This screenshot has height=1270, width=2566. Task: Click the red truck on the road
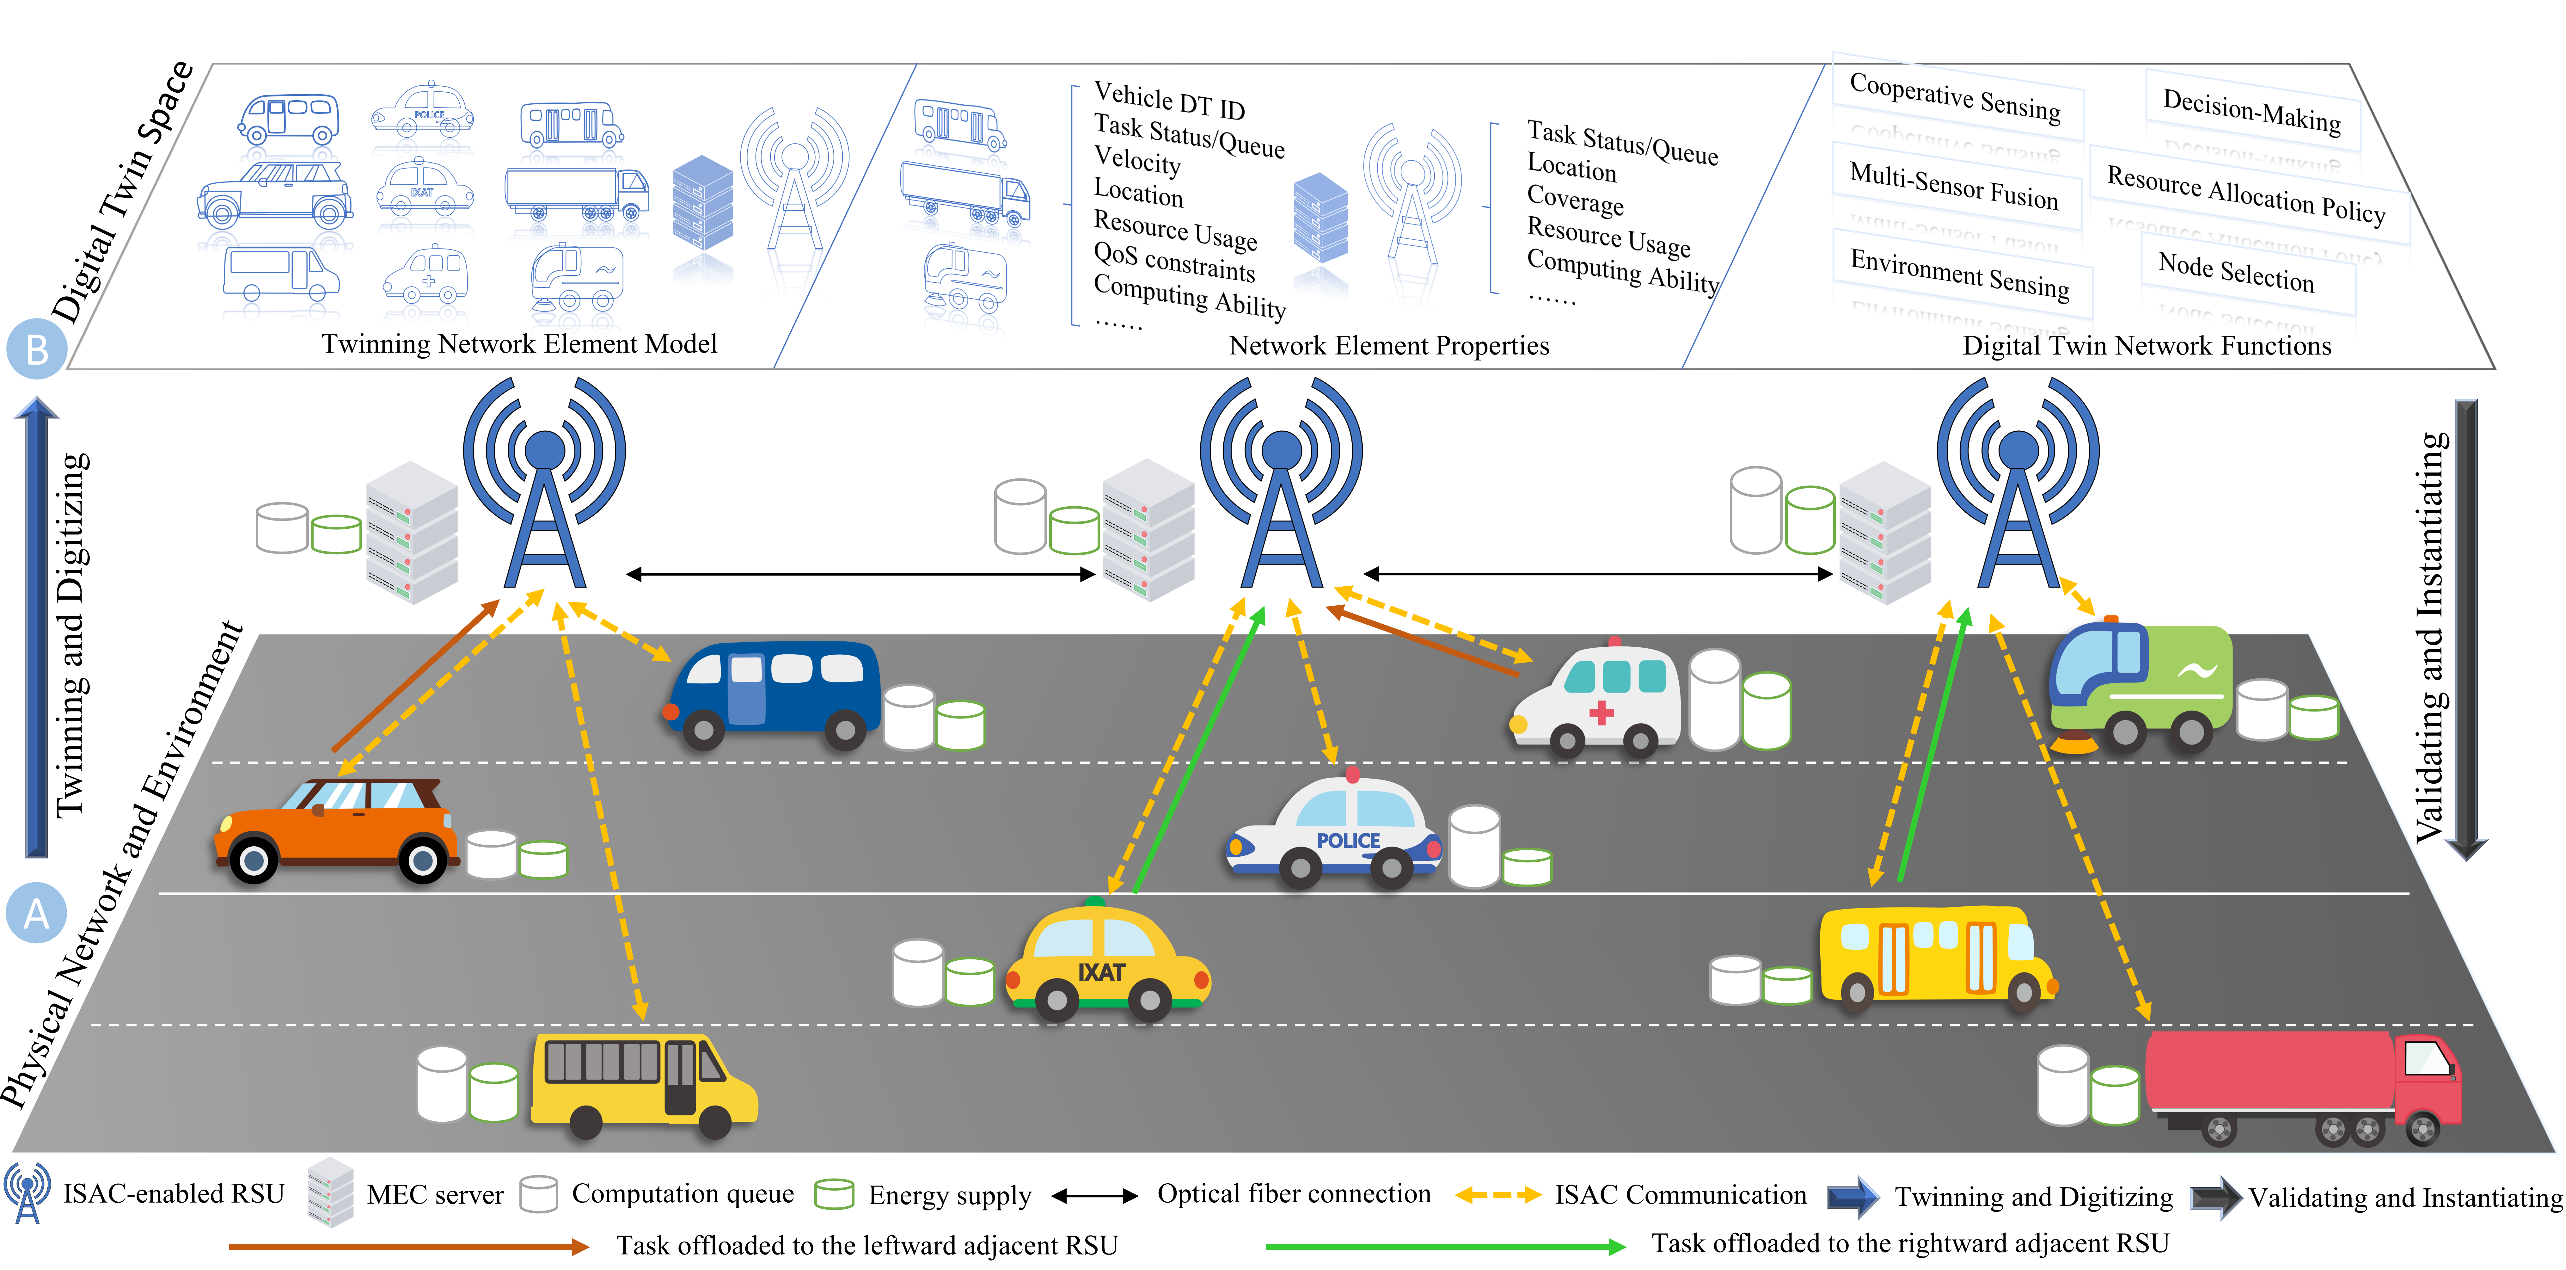pos(2301,1086)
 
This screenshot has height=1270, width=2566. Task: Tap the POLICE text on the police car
pos(1348,841)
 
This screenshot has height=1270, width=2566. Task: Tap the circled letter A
pos(36,912)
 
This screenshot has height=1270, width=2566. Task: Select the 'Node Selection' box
pos(2236,272)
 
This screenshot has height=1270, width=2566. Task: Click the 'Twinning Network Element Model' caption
pos(519,344)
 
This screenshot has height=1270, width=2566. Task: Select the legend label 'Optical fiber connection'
pos(1293,1193)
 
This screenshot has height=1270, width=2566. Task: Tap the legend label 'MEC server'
pos(435,1194)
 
